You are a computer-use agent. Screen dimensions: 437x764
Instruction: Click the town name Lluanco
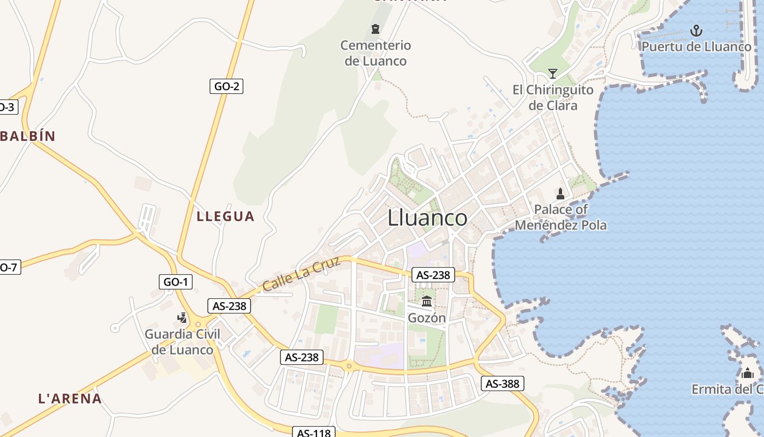tap(427, 218)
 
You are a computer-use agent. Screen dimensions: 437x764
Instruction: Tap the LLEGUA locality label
tap(225, 216)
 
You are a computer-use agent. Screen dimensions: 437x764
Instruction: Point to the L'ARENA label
tap(70, 399)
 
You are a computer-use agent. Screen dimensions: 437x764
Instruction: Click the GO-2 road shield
tap(226, 86)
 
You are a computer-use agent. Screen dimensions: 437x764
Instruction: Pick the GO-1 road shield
tap(176, 282)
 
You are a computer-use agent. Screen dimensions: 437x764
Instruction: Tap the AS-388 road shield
tap(502, 383)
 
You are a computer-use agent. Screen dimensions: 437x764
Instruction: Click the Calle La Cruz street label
tap(301, 274)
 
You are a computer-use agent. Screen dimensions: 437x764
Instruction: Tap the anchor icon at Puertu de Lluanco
tap(696, 30)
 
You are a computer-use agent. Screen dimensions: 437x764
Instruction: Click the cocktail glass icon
tap(553, 73)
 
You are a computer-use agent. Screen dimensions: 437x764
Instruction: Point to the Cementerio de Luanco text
tap(375, 53)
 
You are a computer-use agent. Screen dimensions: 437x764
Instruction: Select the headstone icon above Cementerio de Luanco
tap(375, 29)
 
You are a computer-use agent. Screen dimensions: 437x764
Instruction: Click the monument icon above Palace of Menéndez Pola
tap(560, 193)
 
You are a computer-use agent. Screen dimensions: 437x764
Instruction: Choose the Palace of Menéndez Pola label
tap(560, 217)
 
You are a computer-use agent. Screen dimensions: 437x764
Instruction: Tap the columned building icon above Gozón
tap(427, 301)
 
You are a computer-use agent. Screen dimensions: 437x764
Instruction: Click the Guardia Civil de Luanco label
tap(182, 342)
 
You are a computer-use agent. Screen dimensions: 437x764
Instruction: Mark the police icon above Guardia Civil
tap(182, 317)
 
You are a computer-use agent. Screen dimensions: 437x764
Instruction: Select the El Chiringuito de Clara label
tap(553, 97)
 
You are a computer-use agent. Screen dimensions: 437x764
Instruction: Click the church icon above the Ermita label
tap(747, 373)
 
